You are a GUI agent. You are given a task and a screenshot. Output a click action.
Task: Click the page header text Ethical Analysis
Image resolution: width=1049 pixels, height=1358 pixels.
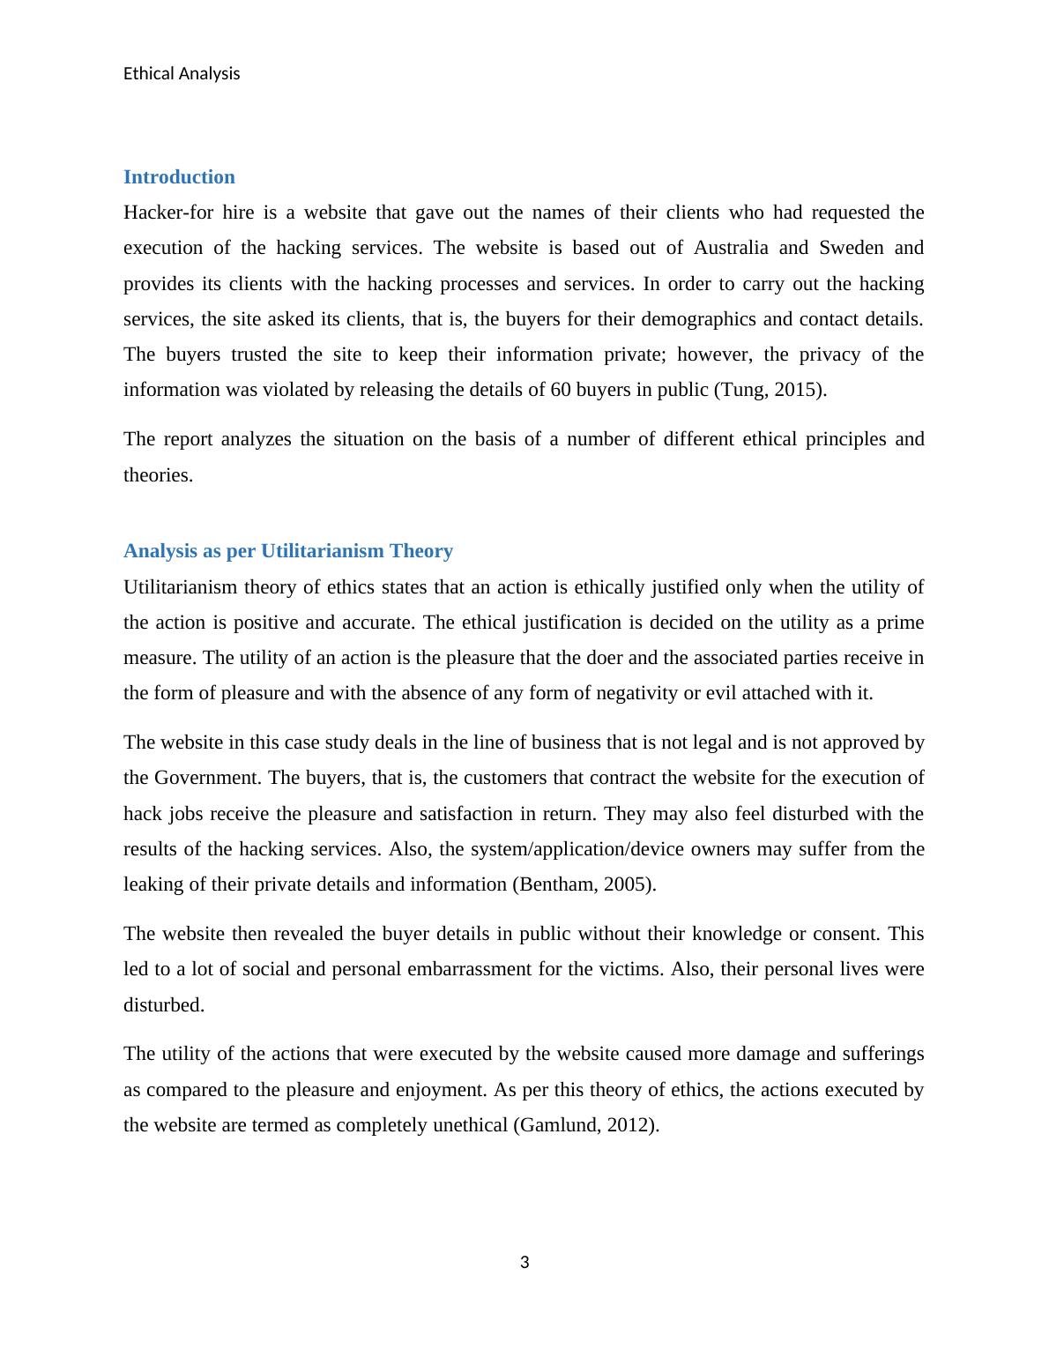tap(182, 74)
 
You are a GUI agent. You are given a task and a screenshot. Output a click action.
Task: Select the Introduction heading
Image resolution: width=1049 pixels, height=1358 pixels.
tap(179, 177)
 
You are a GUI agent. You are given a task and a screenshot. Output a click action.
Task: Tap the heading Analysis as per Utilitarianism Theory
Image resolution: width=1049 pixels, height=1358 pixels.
tap(288, 551)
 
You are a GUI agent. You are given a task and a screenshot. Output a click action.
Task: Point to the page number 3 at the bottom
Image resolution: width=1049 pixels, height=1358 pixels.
tap(524, 1263)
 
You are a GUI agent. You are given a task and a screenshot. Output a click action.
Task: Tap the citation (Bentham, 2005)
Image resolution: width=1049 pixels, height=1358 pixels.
tap(584, 884)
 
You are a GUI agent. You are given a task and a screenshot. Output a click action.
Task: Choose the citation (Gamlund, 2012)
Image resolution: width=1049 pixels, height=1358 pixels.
tap(585, 1125)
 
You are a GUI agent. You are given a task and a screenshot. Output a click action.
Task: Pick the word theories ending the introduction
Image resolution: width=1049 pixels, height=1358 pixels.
tap(157, 475)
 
